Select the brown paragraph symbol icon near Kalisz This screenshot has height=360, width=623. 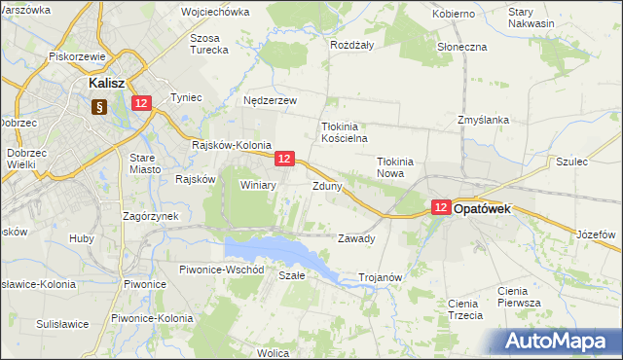coord(98,107)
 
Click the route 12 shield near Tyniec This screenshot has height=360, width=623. coord(142,103)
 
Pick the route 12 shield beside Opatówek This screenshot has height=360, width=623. coord(440,207)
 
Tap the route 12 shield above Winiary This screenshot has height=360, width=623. coord(284,158)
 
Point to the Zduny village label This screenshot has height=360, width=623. coord(326,185)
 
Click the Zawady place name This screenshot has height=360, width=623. coord(355,238)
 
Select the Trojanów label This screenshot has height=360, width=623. coord(381,277)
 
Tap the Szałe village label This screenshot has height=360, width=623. coord(292,275)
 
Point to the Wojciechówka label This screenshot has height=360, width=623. coord(215,13)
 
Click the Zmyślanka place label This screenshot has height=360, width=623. coord(484,120)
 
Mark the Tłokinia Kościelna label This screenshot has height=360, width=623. coord(342,132)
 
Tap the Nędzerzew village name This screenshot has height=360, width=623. coord(270,100)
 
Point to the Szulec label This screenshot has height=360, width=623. coord(571,162)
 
